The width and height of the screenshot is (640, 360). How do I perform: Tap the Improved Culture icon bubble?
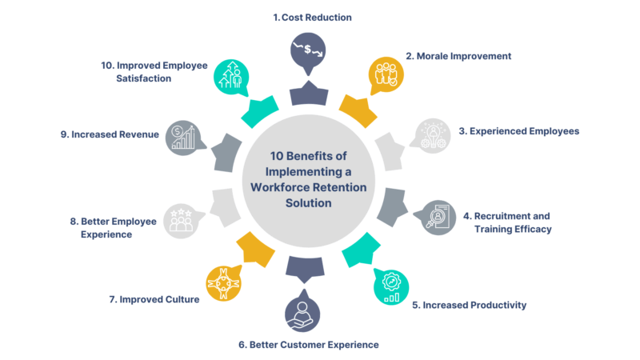[223, 282]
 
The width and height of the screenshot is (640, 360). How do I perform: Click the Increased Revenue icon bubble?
[182, 138]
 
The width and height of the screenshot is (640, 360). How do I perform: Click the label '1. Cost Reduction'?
[313, 17]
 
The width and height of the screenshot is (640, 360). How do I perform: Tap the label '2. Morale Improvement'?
[458, 56]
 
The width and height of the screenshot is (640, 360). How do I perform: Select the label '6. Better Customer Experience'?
[308, 344]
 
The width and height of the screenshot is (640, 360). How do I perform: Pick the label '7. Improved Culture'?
[154, 300]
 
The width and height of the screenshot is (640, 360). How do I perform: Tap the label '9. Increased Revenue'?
[110, 134]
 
